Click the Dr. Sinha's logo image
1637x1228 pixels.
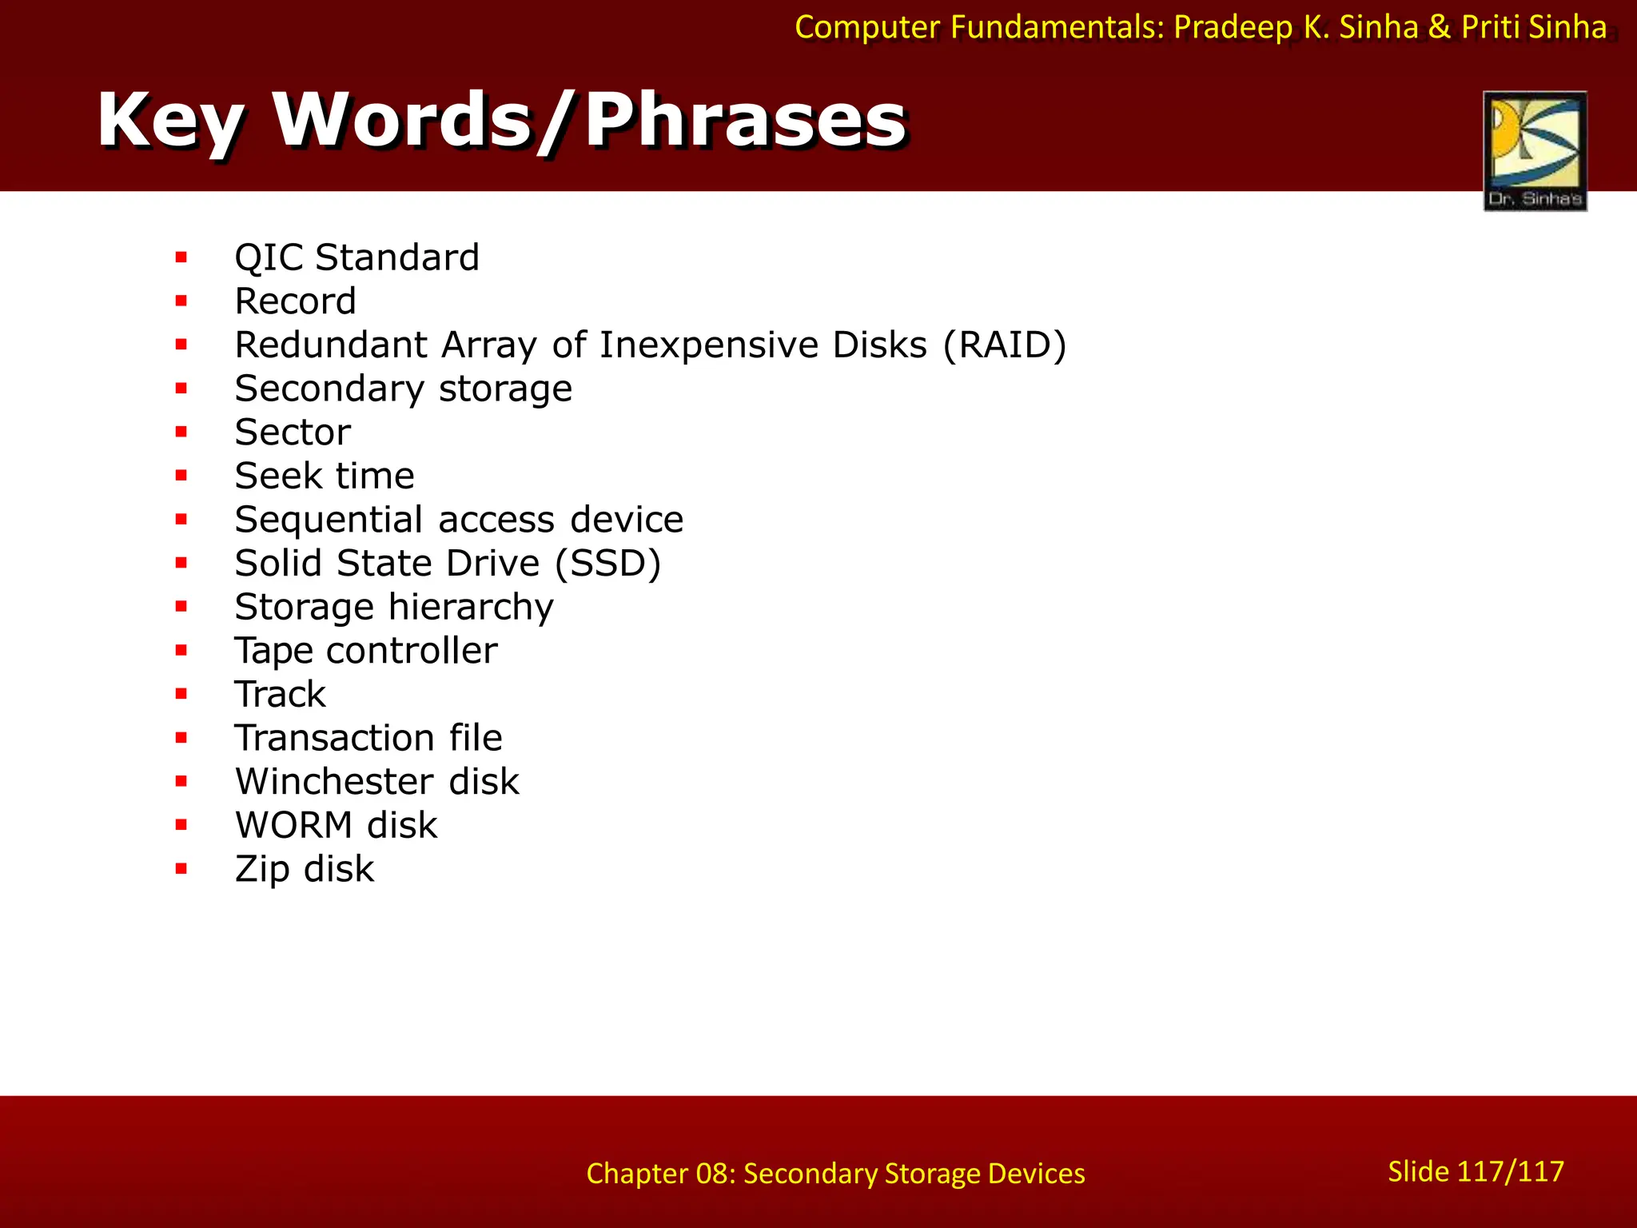click(x=1535, y=150)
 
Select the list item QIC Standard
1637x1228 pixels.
click(x=356, y=257)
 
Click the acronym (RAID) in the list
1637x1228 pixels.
click(x=1005, y=345)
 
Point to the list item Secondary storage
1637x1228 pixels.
click(x=403, y=389)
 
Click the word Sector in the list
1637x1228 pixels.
click(x=293, y=433)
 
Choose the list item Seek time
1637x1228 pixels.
click(x=325, y=476)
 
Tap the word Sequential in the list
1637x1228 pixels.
click(x=329, y=520)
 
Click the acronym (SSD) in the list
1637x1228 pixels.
click(x=607, y=564)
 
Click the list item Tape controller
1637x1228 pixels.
click(x=365, y=651)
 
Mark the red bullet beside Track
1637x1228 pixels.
click(x=181, y=694)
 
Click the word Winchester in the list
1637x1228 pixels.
click(x=334, y=782)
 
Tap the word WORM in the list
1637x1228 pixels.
click(x=293, y=825)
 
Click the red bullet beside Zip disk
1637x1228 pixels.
click(x=181, y=869)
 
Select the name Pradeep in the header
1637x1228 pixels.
click(x=1233, y=28)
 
